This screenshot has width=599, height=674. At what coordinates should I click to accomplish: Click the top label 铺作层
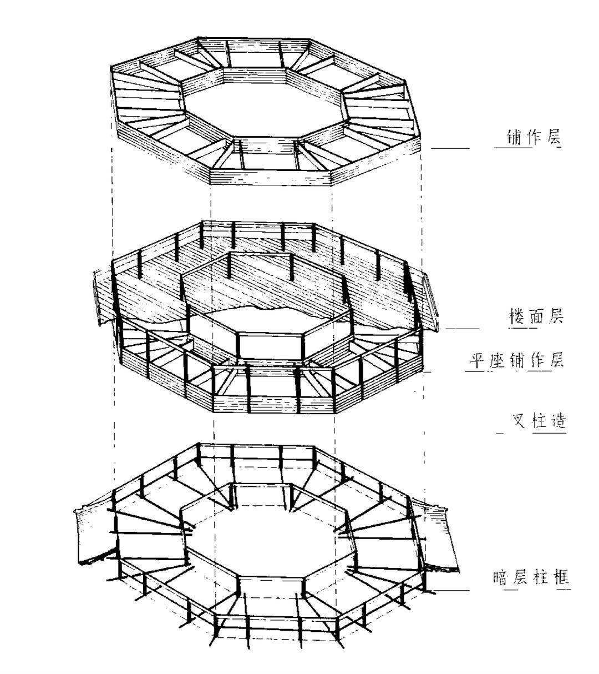[534, 137]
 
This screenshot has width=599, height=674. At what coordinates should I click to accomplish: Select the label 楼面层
[536, 317]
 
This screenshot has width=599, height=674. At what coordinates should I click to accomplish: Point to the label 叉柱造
[539, 421]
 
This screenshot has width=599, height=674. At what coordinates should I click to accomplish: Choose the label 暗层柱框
[531, 579]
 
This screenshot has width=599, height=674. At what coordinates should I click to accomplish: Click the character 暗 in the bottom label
[501, 579]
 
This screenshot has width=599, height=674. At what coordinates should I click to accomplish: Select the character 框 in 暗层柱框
[561, 579]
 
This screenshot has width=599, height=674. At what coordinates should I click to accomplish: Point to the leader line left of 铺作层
[450, 148]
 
